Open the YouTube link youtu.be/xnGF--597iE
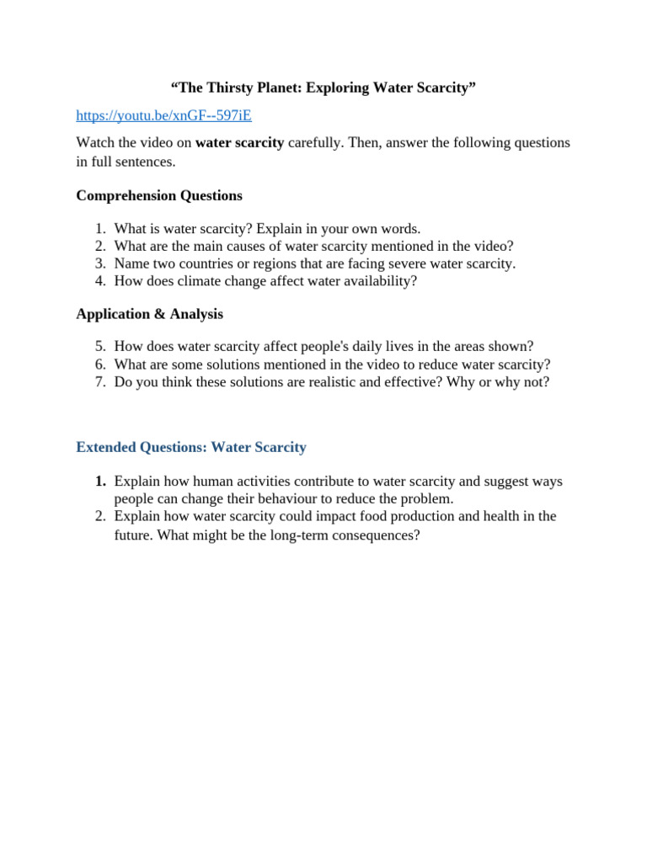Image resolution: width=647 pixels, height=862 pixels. click(163, 115)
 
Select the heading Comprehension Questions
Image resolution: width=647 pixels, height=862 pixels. click(159, 195)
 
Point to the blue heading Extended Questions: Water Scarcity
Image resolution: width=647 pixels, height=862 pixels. click(191, 447)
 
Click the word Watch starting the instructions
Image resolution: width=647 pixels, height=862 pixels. click(94, 142)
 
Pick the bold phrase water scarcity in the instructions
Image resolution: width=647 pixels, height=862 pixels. click(240, 142)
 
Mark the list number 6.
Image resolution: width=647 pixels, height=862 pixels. click(100, 364)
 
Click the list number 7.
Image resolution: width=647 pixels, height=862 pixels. click(100, 381)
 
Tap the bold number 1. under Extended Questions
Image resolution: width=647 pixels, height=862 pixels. click(100, 482)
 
